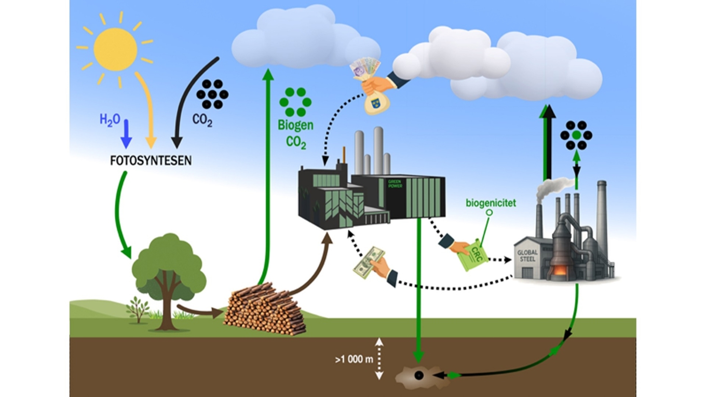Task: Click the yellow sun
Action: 116,49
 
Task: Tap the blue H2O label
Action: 110,120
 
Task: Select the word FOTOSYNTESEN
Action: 151,161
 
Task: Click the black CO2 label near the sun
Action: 202,120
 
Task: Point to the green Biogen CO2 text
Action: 295,133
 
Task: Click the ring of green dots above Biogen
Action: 295,102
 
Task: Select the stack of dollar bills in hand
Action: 369,262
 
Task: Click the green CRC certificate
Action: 472,254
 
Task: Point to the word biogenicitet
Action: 490,203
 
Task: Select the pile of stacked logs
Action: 265,308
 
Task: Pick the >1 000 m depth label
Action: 354,359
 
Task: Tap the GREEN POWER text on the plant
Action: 395,184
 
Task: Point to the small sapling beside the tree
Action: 138,309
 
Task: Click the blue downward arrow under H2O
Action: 126,137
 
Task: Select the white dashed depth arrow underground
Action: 379,358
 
